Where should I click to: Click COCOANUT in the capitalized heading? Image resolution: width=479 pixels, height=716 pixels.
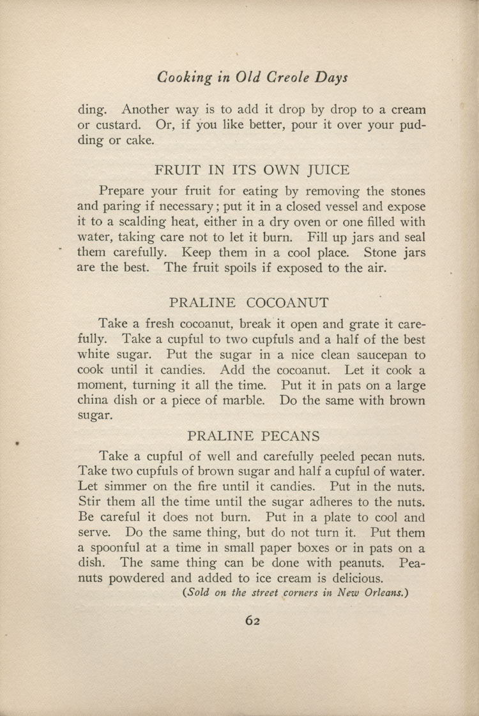tap(286, 302)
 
